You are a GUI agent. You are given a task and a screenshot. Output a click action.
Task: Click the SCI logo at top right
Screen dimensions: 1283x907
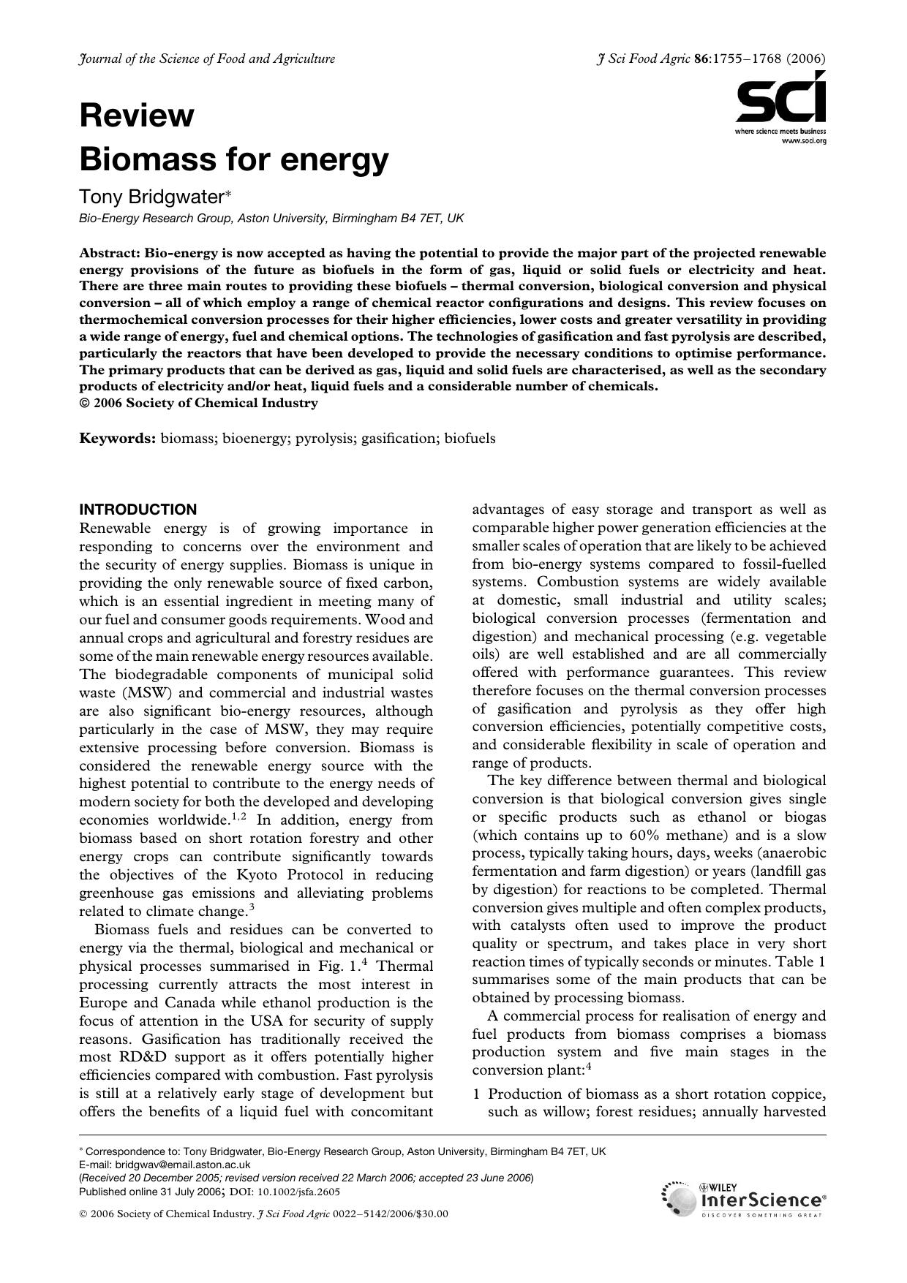pos(781,102)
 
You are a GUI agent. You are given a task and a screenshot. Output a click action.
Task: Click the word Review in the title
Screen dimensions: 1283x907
pos(137,116)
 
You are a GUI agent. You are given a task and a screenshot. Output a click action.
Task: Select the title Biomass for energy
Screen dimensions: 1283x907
pos(234,159)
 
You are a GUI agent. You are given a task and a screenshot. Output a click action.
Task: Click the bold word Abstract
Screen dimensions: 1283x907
pos(109,253)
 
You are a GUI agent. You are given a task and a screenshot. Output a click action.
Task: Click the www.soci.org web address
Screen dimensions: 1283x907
pos(804,140)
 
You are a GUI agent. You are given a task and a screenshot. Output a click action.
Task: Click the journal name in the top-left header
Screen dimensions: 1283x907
pos(207,59)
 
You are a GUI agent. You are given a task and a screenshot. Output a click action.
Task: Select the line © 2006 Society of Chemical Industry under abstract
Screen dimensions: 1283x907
pos(198,404)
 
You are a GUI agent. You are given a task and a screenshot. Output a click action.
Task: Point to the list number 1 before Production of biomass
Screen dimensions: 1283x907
pos(476,1094)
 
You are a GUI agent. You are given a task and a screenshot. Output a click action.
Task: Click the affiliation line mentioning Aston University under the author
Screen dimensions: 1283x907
pos(271,218)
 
